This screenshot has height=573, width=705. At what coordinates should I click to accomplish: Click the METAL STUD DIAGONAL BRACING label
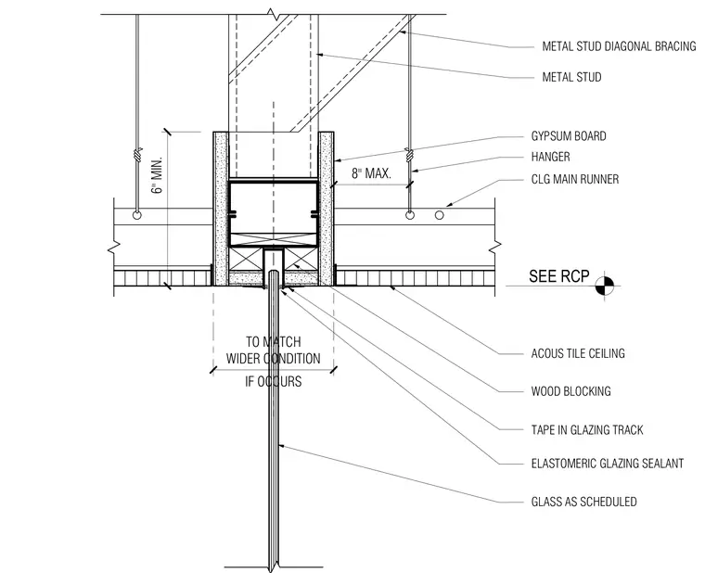click(619, 46)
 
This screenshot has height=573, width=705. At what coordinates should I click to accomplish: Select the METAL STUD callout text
click(571, 77)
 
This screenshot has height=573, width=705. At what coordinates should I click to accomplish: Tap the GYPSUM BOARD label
click(569, 136)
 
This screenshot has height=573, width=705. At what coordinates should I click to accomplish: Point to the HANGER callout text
click(550, 157)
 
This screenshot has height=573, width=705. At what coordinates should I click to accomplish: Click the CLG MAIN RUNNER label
click(574, 179)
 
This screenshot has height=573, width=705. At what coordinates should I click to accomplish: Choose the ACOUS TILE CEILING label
click(578, 353)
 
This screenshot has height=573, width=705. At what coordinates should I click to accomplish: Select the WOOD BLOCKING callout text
click(570, 391)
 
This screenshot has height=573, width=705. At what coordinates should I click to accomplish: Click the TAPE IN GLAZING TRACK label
click(587, 430)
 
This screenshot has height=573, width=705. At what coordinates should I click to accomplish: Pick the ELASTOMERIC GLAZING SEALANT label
click(607, 464)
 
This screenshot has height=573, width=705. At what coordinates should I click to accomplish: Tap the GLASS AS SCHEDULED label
click(583, 502)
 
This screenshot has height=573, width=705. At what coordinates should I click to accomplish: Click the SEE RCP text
click(558, 276)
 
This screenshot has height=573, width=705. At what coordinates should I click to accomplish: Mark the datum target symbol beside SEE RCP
click(604, 286)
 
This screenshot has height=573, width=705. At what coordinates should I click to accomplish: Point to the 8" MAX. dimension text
click(371, 173)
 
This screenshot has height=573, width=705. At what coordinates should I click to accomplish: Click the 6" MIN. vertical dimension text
click(158, 175)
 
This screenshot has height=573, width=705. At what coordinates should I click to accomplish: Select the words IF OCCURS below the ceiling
click(273, 382)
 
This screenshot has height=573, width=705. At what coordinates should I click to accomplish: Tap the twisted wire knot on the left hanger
click(137, 155)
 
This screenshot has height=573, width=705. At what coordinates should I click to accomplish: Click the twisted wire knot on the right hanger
click(409, 155)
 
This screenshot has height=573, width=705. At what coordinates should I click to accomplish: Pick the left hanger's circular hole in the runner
click(137, 215)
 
